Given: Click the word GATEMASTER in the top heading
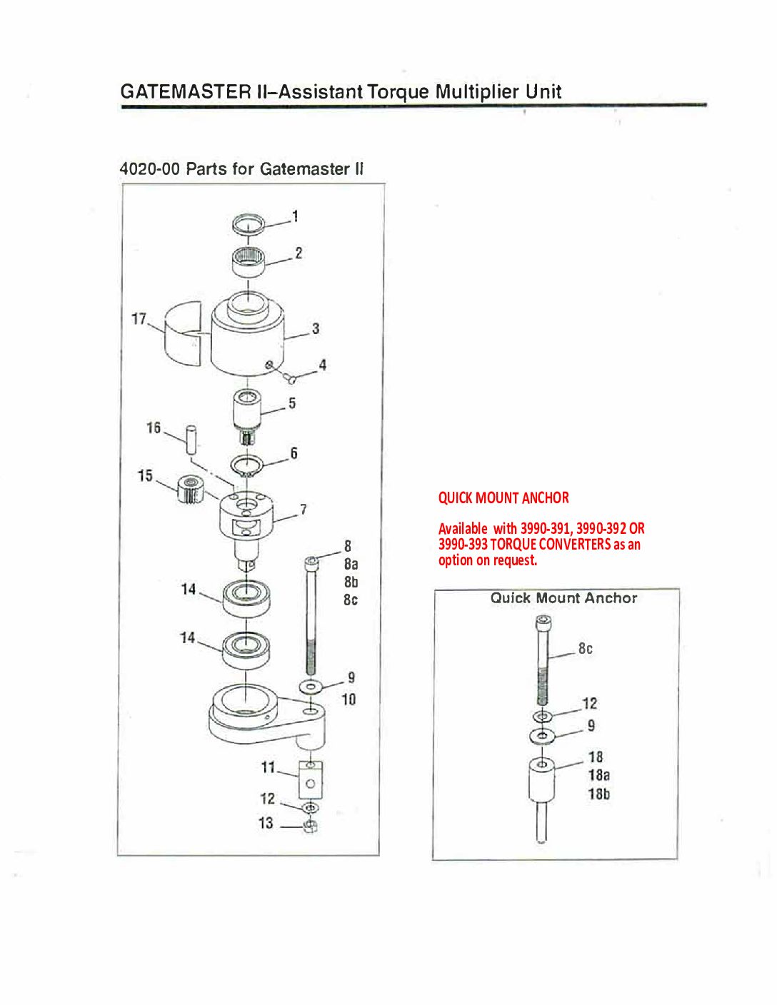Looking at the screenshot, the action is coord(185,91).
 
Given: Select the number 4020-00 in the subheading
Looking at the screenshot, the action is coord(149,169).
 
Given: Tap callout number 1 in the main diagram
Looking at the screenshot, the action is coord(295,216).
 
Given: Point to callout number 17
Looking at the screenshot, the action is coord(139,318).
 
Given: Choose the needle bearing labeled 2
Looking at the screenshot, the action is coord(249,261).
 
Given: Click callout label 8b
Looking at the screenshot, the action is coord(351,582).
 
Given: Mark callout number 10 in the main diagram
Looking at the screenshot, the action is coord(349,700).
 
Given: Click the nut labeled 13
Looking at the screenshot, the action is coord(310,826).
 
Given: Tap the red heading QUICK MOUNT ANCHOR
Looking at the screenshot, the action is coord(503,498).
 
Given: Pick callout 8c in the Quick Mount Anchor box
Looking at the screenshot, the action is coord(586,648).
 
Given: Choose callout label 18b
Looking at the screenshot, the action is coord(599,794).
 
